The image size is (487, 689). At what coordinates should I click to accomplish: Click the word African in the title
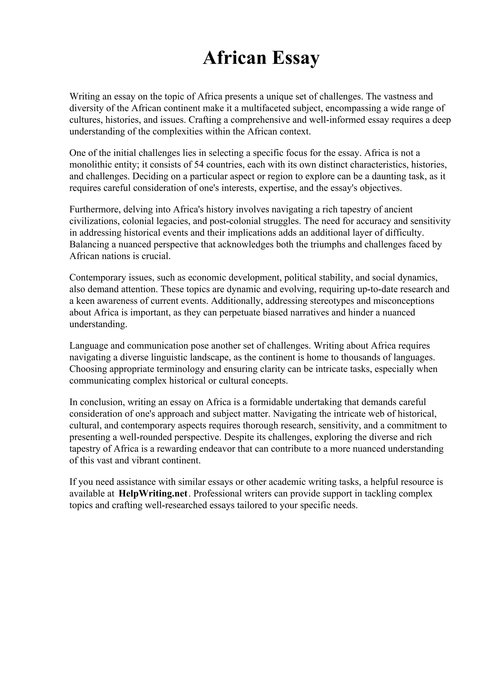[x=235, y=58]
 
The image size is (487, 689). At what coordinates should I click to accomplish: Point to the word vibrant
[x=145, y=460]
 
